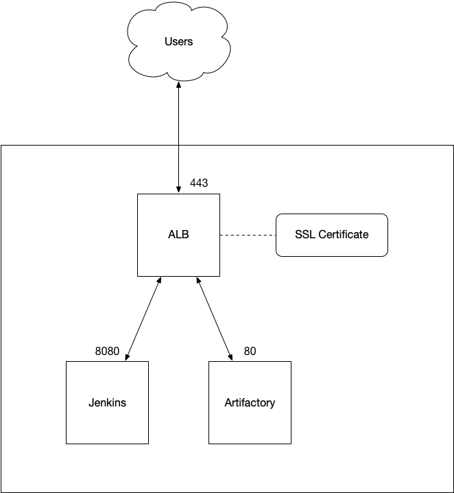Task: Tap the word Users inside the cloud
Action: [178, 42]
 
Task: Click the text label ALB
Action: [178, 234]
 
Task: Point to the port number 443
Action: [199, 183]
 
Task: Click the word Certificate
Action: [344, 234]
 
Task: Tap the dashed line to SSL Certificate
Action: [248, 235]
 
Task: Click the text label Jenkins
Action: [107, 402]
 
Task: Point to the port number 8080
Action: [107, 352]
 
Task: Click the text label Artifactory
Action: [250, 402]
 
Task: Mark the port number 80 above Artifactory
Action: [250, 352]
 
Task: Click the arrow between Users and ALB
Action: [178, 137]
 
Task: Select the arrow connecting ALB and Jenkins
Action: [144, 318]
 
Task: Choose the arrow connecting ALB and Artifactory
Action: [215, 318]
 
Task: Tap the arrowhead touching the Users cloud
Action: [178, 85]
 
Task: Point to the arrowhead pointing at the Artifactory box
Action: [231, 356]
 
